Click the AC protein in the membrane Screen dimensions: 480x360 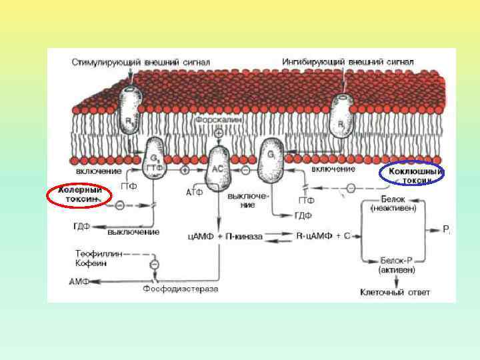pyautogui.click(x=219, y=169)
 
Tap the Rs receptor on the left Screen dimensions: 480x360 pyautogui.click(x=131, y=110)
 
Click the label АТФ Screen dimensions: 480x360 pyautogui.click(x=195, y=193)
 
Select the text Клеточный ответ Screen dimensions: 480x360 pyautogui.click(x=395, y=292)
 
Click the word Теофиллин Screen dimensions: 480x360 pyautogui.click(x=94, y=254)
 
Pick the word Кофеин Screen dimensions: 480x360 pyautogui.click(x=89, y=263)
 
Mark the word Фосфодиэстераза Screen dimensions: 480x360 pyautogui.click(x=180, y=289)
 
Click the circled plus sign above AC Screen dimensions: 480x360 pyautogui.click(x=219, y=133)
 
